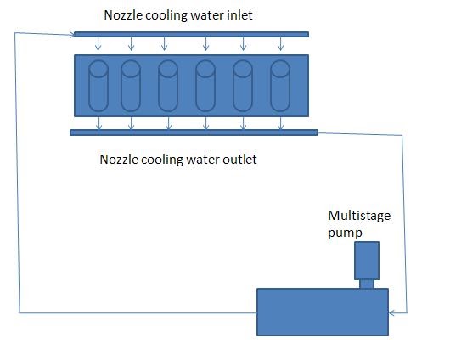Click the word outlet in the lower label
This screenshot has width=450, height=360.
(236, 159)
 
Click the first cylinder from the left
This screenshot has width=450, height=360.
(98, 85)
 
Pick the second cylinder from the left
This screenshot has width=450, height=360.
(130, 85)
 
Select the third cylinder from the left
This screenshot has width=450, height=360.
(168, 85)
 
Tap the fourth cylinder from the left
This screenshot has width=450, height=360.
(205, 85)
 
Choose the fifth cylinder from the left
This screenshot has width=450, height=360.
(243, 85)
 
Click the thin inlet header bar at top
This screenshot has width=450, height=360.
(191, 34)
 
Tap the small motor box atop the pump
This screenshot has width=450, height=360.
(366, 262)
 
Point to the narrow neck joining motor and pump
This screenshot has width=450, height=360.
(366, 284)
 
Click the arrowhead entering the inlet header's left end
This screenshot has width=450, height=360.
(70, 34)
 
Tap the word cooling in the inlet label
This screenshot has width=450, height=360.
(165, 15)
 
